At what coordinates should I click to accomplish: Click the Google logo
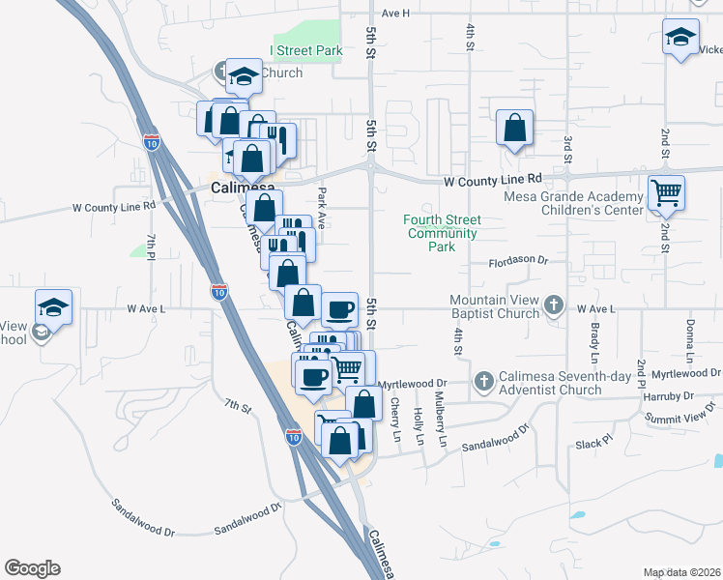32,568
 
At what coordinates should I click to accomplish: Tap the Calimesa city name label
243,188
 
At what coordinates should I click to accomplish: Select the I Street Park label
305,50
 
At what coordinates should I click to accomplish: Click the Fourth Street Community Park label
443,233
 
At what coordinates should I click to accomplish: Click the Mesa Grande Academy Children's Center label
573,202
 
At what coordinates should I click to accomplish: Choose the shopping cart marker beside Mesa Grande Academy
667,192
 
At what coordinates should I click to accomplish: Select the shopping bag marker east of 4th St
515,127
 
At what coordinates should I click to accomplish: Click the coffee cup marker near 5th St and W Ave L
339,309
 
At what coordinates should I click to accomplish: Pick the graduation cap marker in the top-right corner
680,39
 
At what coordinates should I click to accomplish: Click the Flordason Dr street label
518,260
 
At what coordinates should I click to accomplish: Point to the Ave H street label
395,14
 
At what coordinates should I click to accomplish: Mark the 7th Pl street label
151,246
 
